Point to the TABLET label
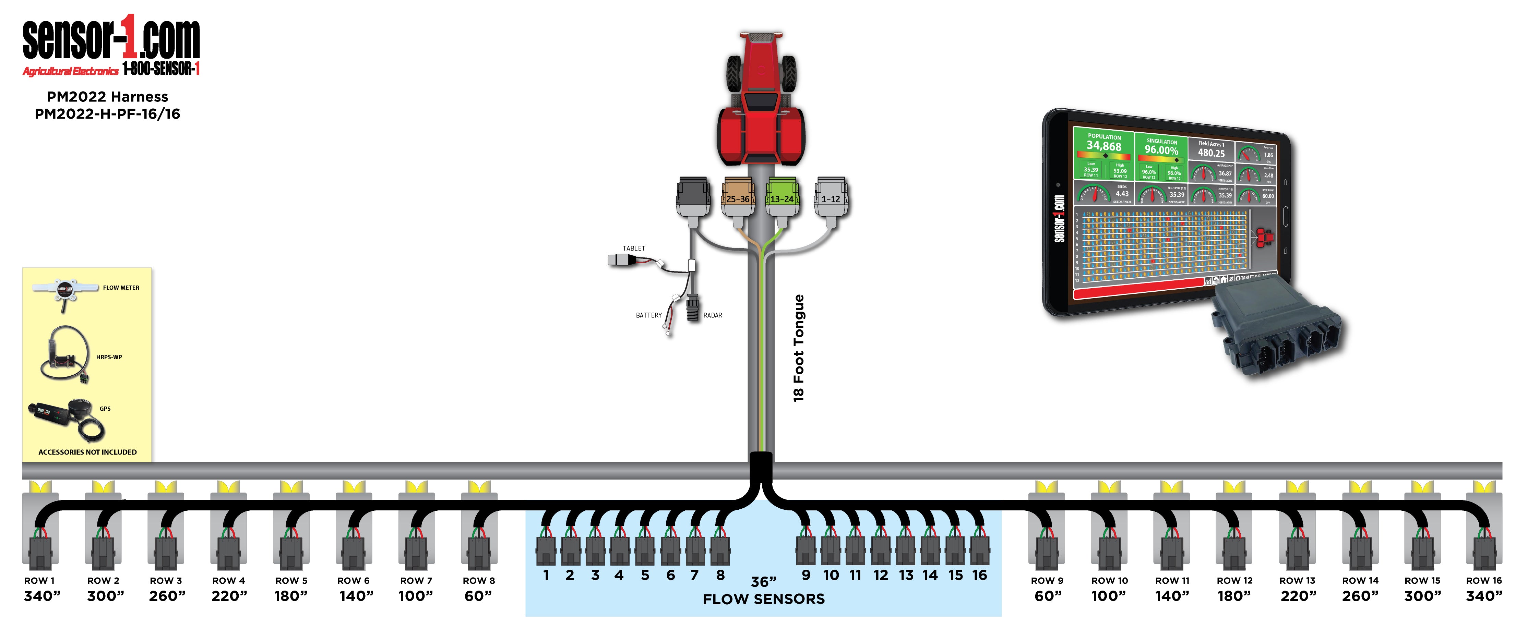point(634,248)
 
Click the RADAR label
point(713,315)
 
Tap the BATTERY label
point(648,315)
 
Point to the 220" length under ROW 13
point(1298,596)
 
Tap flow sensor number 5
point(645,575)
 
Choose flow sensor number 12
point(881,575)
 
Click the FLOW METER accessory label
point(121,288)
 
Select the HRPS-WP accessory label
point(109,358)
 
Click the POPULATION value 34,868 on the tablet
point(1104,146)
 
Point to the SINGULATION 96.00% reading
point(1161,150)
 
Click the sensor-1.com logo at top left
point(111,41)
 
